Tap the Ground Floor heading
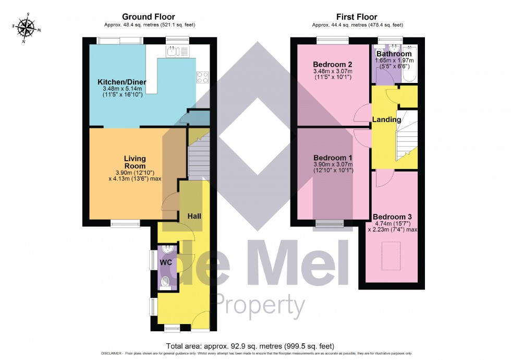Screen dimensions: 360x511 pyautogui.click(x=149, y=17)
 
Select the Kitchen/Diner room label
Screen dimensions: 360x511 pyautogui.click(x=122, y=82)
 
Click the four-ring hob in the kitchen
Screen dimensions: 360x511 pyautogui.click(x=202, y=77)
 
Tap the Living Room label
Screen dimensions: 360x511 pyautogui.click(x=135, y=162)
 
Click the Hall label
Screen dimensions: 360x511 pyautogui.click(x=194, y=215)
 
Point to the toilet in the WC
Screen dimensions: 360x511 pyautogui.click(x=166, y=282)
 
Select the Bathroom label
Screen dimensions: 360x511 pyautogui.click(x=394, y=54)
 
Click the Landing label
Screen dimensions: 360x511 pyautogui.click(x=386, y=119)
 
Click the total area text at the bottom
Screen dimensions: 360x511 pyautogui.click(x=250, y=346)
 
